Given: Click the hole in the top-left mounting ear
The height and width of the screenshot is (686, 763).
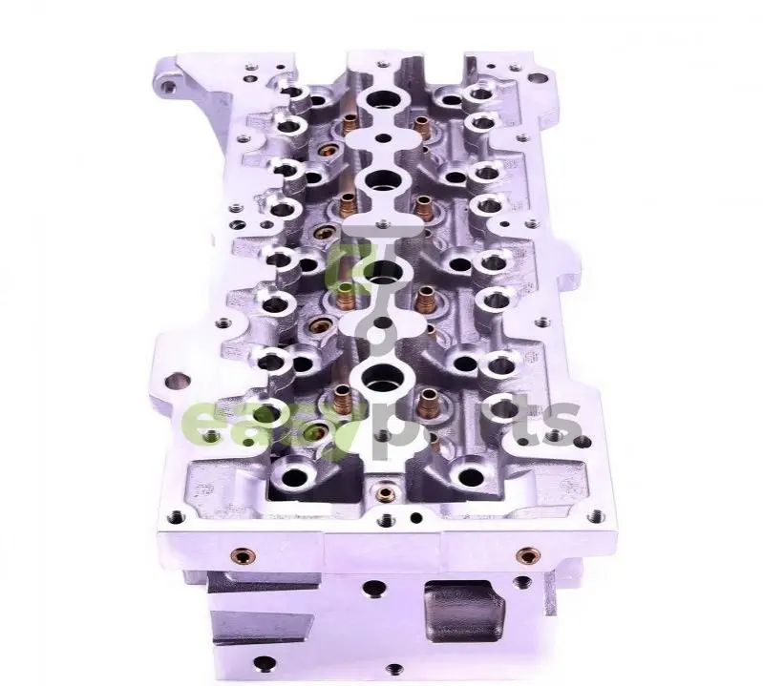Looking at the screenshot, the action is pos(169,88).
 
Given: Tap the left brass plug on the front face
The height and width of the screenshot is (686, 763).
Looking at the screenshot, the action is pos(243,554).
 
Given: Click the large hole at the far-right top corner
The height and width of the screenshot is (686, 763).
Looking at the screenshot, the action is pos(538,78).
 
